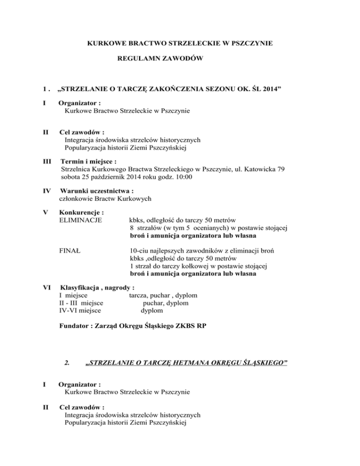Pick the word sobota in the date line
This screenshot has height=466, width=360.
[x=72, y=177]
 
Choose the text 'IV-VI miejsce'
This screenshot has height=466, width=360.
[x=82, y=310]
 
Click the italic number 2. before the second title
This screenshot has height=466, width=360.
[x=67, y=363]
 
